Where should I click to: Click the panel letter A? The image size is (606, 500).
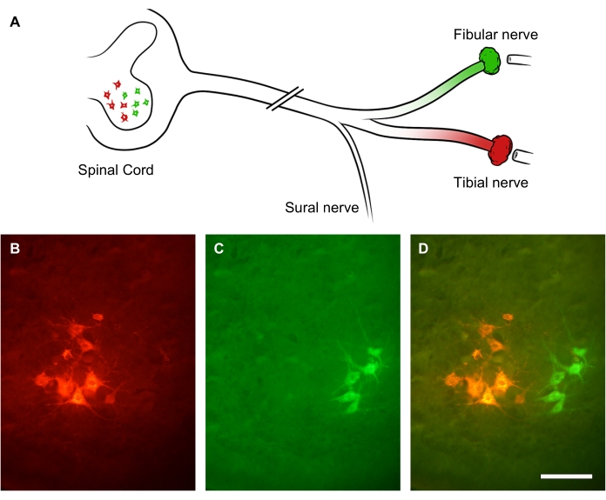click(x=15, y=22)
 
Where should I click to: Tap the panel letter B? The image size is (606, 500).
click(x=15, y=250)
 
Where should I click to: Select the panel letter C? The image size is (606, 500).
click(x=219, y=250)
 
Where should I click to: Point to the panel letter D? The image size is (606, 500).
click(x=423, y=250)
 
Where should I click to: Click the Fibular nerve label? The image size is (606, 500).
click(x=495, y=34)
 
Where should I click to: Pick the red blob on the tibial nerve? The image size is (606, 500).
click(x=500, y=150)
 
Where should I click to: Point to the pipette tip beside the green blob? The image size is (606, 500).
click(x=520, y=62)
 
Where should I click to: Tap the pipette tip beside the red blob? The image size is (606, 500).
click(x=524, y=157)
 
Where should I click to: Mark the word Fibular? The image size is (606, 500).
click(x=475, y=34)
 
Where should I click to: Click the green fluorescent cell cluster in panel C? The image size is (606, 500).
click(x=361, y=378)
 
